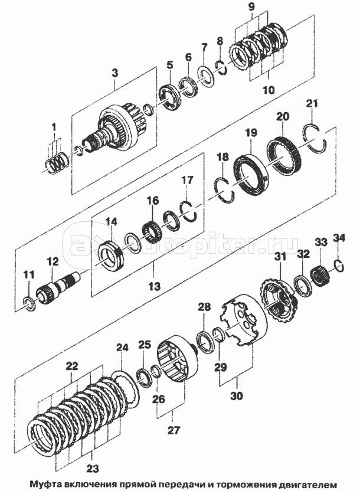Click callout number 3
coord(115,73)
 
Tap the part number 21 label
coord(312,104)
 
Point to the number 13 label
coord(155,286)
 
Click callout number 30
coord(237,396)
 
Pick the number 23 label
coord(93,469)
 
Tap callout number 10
coord(269,90)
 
